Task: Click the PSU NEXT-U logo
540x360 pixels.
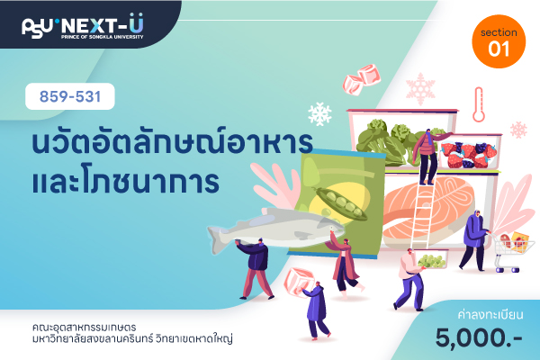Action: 83,26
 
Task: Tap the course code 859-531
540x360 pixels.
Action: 70,96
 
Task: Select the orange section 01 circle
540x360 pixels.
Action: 499,41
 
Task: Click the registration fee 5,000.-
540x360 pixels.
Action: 479,338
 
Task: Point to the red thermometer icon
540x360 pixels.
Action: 479,104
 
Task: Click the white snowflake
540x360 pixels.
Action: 319,113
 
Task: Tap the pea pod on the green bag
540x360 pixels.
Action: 341,203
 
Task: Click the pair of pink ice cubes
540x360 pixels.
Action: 362,79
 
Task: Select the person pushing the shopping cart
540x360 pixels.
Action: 474,239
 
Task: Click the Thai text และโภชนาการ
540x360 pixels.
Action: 125,181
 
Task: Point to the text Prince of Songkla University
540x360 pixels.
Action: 102,37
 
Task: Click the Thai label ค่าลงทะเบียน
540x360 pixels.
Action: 490,314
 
